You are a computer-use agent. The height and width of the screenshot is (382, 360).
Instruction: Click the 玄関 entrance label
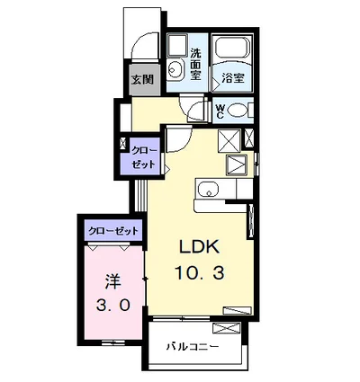coord(143,79)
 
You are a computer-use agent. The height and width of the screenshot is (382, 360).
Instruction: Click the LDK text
coord(200,247)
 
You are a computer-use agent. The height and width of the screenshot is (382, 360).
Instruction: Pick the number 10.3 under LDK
coord(200,271)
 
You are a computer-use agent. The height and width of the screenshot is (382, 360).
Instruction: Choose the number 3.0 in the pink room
coord(114,304)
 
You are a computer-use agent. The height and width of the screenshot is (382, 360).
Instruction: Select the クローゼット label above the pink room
coord(113,231)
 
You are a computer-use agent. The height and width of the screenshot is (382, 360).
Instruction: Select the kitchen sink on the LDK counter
coord(208,189)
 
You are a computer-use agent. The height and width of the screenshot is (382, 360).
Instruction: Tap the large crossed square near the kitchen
coord(229,139)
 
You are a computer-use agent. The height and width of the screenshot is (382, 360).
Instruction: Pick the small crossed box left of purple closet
coord(124,144)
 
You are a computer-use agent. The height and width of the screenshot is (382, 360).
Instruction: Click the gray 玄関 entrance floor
coord(143,79)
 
